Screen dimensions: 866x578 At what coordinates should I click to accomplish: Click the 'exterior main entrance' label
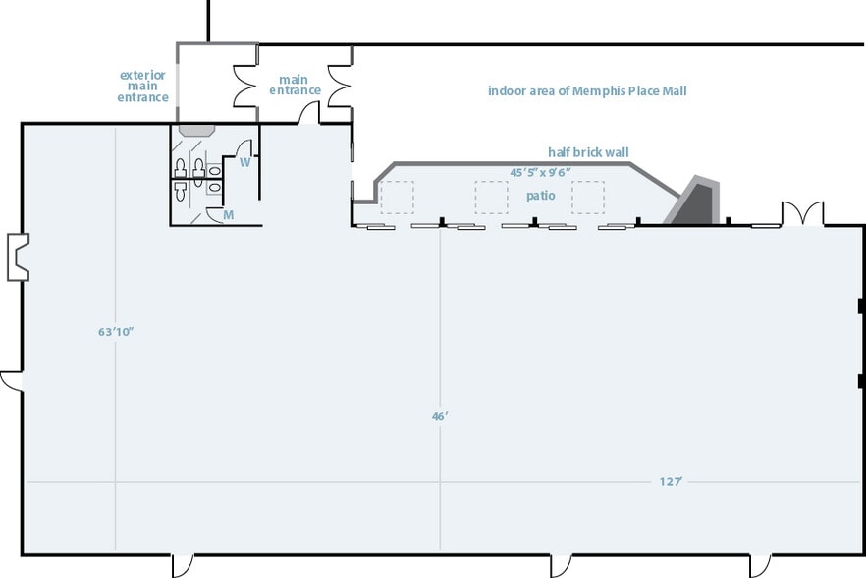click(142, 87)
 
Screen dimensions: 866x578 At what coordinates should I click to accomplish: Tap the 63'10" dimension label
click(116, 332)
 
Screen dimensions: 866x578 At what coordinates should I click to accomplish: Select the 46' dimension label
click(440, 416)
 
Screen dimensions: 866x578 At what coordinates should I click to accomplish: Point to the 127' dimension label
click(671, 482)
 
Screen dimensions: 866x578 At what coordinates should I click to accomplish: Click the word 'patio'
click(541, 196)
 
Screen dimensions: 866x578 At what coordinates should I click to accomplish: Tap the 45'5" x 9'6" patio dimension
click(540, 173)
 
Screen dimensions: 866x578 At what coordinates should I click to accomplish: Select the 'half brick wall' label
click(588, 152)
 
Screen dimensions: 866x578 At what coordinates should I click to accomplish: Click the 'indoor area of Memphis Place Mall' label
click(587, 90)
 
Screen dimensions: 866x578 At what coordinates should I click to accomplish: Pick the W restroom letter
click(245, 162)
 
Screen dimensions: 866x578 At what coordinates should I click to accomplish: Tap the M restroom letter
click(229, 214)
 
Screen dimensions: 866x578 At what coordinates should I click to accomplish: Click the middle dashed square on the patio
click(491, 198)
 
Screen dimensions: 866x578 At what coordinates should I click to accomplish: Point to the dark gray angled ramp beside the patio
click(693, 202)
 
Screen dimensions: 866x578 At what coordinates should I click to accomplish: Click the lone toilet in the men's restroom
click(180, 191)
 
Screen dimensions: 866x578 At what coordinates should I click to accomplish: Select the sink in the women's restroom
click(214, 170)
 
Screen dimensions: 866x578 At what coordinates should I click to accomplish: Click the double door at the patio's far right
click(802, 213)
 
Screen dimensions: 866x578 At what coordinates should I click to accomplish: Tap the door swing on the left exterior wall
click(11, 381)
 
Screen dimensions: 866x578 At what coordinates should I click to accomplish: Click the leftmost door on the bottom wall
click(183, 565)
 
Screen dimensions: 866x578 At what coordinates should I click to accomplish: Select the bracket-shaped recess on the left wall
click(18, 258)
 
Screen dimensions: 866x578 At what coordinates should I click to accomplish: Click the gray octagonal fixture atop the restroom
click(196, 130)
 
